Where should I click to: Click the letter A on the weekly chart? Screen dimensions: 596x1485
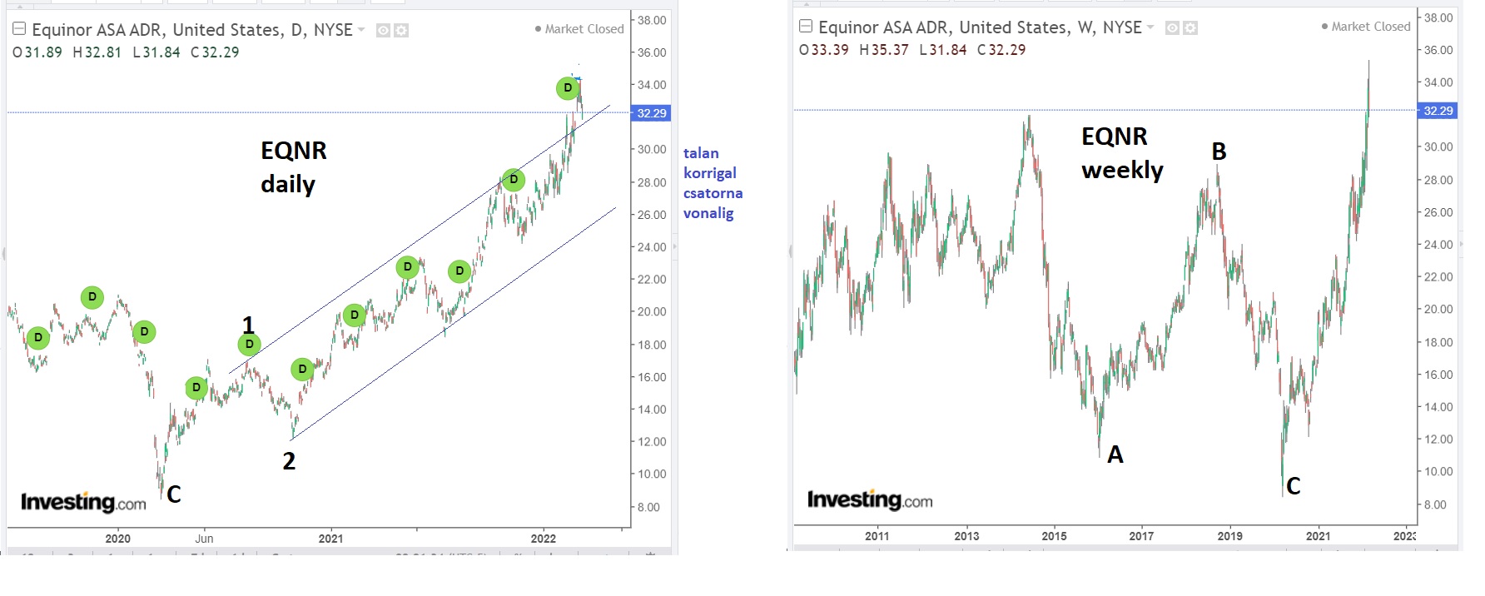[x=1115, y=454]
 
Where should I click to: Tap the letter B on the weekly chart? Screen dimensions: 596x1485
[x=1219, y=151]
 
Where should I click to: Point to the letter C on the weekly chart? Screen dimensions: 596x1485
[x=1293, y=486]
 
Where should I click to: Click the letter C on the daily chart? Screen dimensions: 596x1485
[x=173, y=494]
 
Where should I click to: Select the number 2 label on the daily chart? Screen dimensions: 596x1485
[x=289, y=461]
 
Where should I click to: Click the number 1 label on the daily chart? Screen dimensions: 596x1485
[x=248, y=324]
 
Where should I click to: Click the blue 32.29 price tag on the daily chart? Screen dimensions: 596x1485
[x=651, y=113]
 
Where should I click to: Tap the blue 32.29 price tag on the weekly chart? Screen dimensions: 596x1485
[x=1438, y=111]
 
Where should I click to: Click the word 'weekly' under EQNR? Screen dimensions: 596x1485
[x=1122, y=170]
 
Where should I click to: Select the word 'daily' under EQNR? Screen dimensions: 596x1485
[x=288, y=184]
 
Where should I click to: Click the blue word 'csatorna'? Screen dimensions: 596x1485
[x=713, y=193]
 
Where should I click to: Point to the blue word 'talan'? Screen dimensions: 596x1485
[x=701, y=153]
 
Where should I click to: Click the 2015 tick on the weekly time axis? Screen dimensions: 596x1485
[x=1054, y=536]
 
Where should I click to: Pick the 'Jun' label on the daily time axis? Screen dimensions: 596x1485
[x=204, y=539]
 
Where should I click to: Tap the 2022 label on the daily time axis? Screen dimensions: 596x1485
[x=544, y=539]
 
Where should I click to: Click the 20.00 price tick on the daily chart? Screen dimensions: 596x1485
[x=652, y=312]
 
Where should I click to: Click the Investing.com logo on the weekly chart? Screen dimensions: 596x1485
[x=870, y=500]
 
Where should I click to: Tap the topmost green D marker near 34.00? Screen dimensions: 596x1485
[x=568, y=87]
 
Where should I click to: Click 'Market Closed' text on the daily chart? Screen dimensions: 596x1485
[x=584, y=29]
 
